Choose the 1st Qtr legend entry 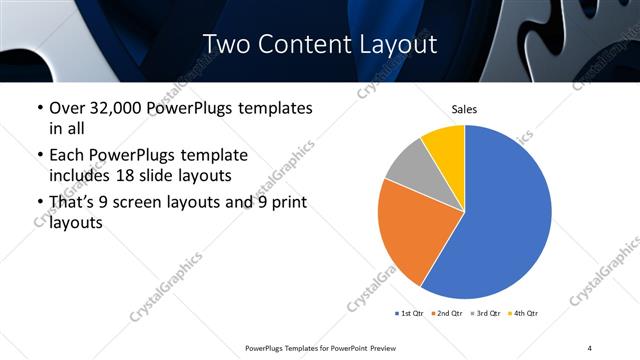tap(409, 314)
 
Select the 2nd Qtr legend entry tap(448, 314)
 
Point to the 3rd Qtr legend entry tap(487, 314)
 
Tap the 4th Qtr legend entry tap(525, 314)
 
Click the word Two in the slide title tap(227, 45)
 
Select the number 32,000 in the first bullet tap(124, 108)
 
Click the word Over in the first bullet tap(69, 108)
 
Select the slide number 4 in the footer tap(590, 347)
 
